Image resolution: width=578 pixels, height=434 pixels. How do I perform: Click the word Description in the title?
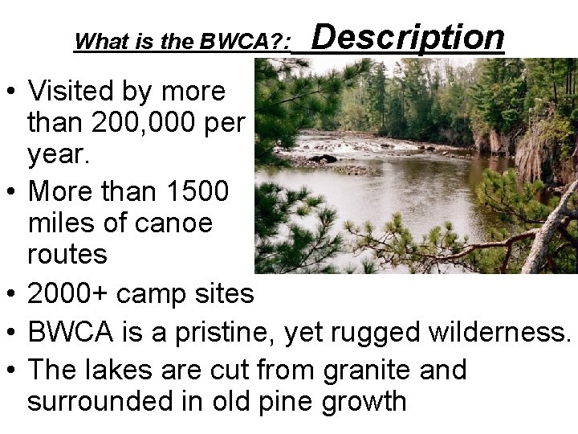(407, 37)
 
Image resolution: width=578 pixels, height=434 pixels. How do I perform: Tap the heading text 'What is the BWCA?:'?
(182, 42)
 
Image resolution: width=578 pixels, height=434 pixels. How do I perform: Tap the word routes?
(67, 254)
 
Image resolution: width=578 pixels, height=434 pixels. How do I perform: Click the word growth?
(364, 399)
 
